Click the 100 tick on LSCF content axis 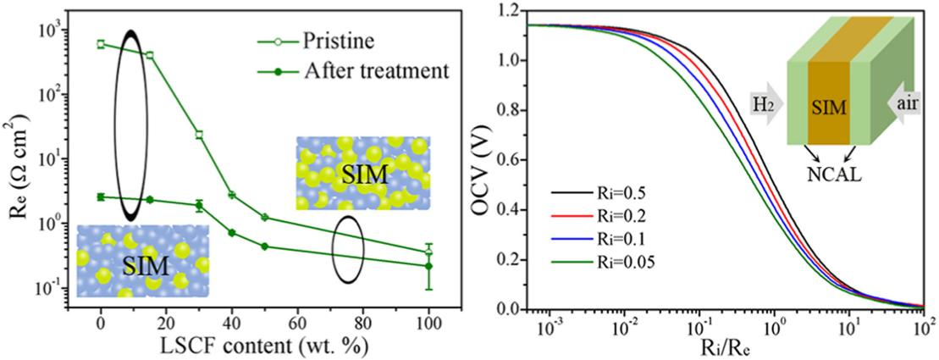[428, 322]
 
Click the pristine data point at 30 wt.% [199, 135]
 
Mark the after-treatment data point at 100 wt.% [428, 266]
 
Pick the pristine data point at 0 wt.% [101, 44]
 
